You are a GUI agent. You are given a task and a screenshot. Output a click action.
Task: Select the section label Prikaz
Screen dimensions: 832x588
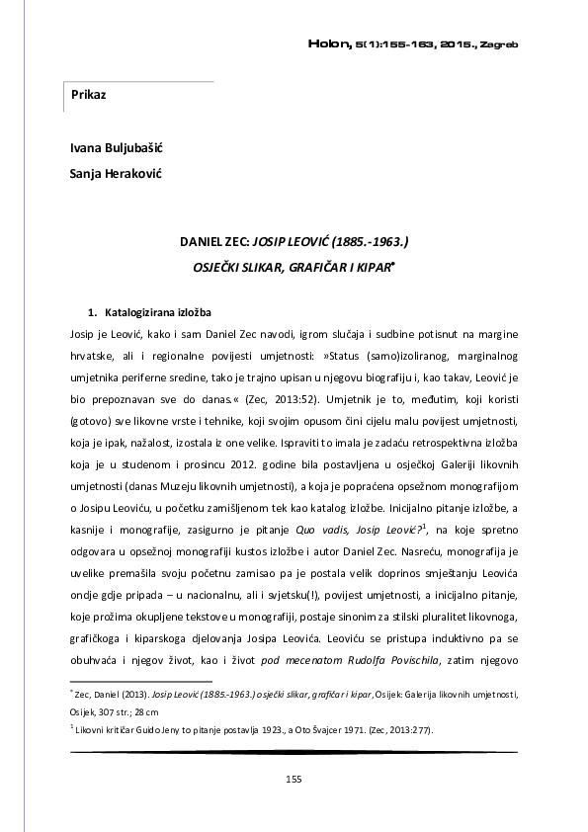89,95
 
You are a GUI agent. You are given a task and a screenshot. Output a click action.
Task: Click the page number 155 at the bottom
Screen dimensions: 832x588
294,781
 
